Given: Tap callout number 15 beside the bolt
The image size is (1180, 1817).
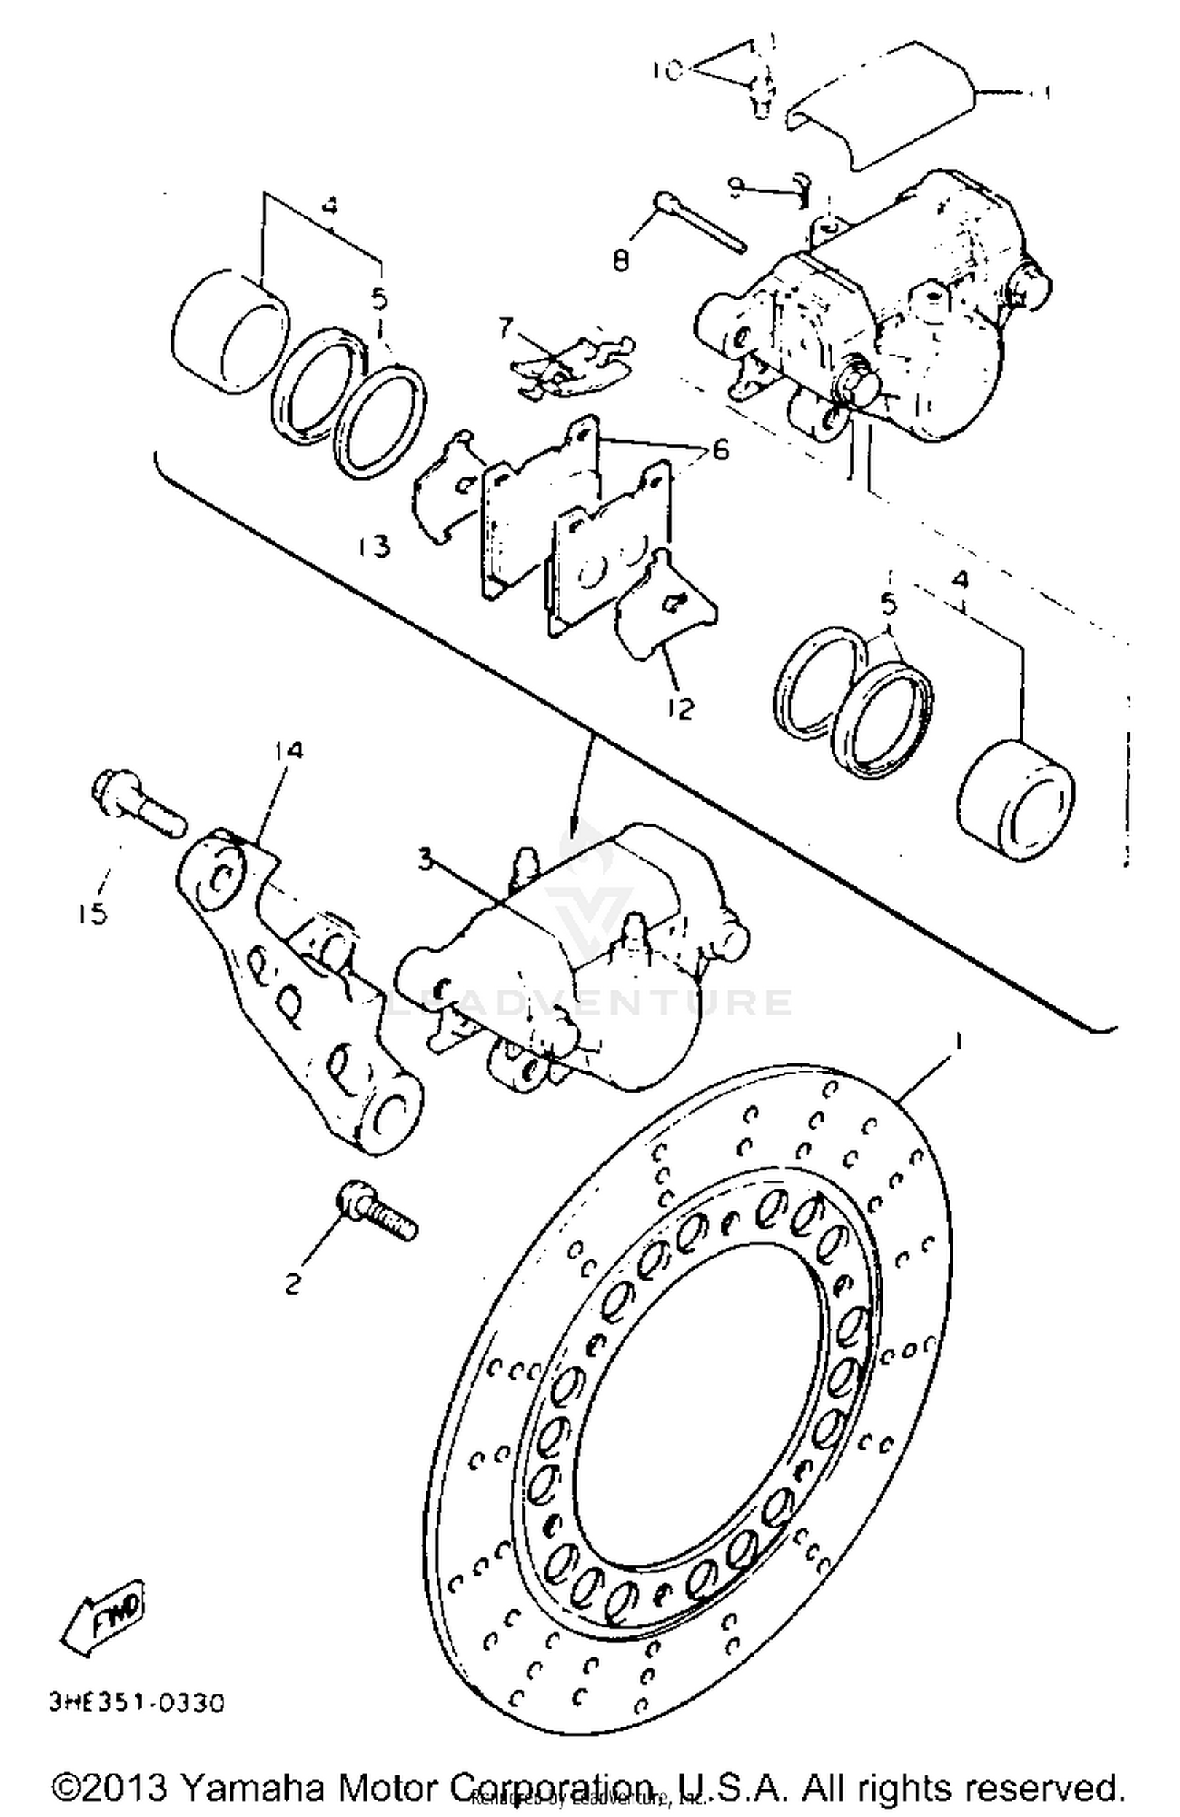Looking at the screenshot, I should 93,913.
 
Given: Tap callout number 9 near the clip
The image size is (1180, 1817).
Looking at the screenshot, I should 736,186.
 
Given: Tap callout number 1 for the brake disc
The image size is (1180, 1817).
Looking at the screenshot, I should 958,1040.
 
